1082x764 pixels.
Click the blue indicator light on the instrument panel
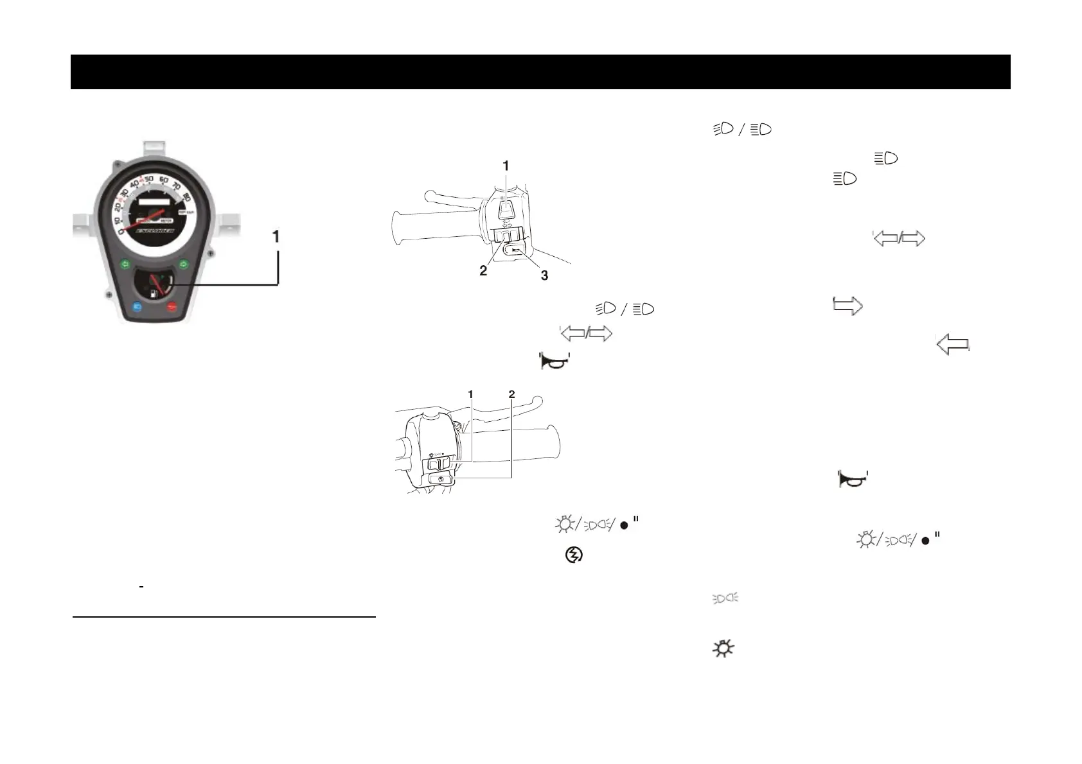[136, 307]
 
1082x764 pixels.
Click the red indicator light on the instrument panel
[172, 307]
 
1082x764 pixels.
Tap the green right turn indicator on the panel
[183, 263]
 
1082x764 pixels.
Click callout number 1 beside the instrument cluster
[276, 237]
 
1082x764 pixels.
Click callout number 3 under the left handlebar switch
[544, 275]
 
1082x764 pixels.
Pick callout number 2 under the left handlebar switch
[483, 271]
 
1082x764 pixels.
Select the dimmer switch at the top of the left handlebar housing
[505, 207]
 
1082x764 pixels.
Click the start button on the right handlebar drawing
[440, 479]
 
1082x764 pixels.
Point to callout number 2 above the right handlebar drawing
[511, 394]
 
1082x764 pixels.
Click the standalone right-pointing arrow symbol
[847, 306]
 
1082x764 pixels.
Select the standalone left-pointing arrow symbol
[953, 345]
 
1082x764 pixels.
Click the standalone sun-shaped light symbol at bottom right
[723, 649]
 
